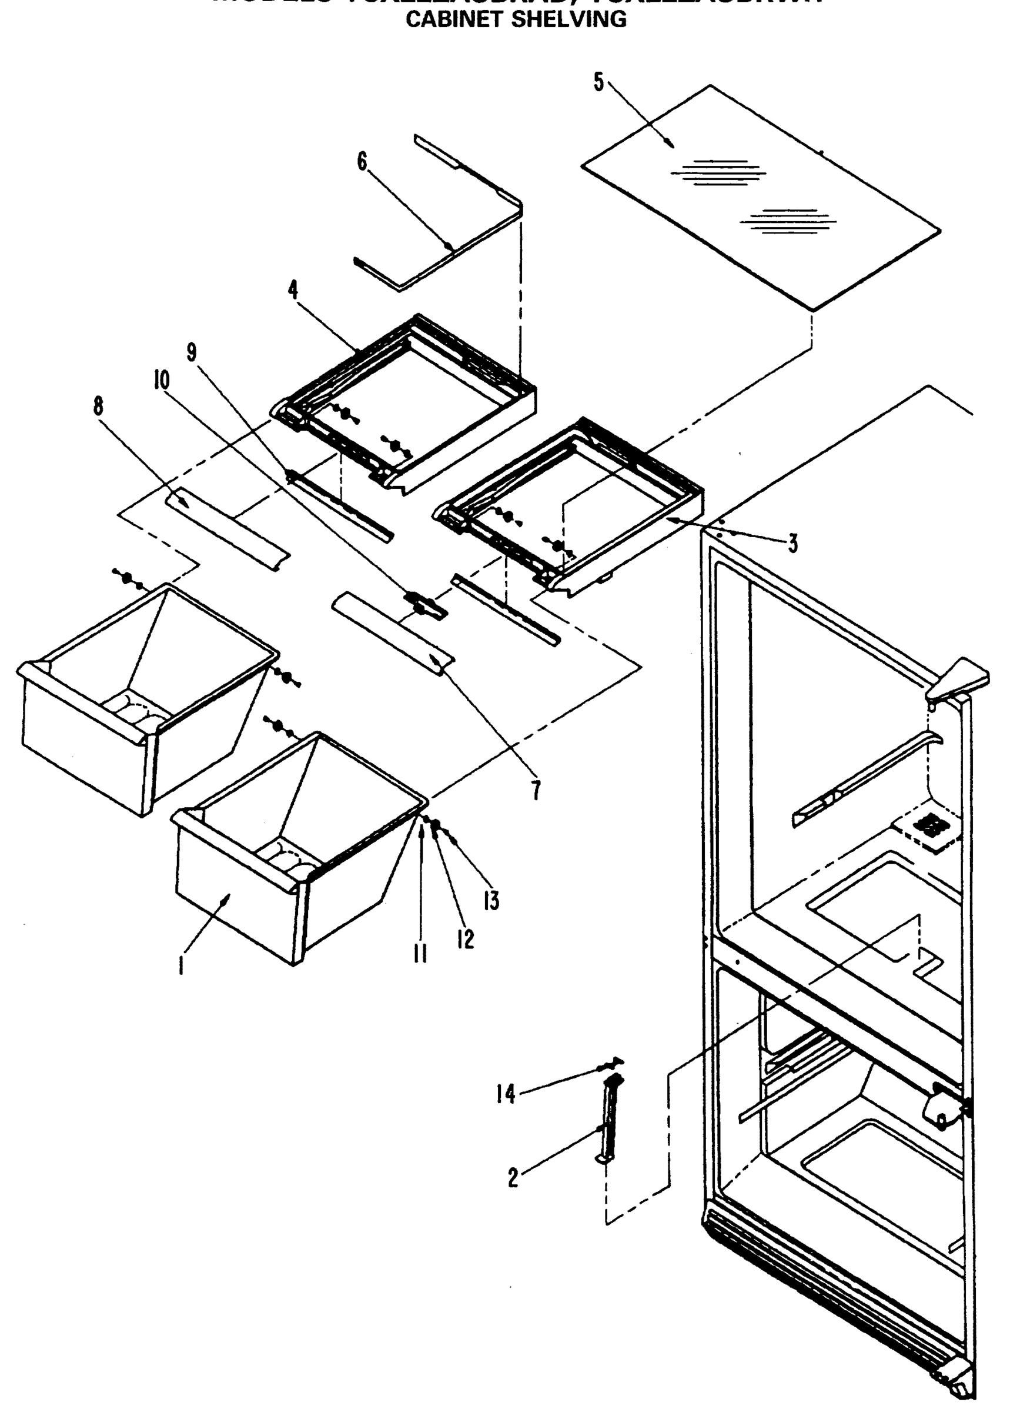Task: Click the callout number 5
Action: [598, 82]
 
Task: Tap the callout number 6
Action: [362, 162]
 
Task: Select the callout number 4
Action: [293, 289]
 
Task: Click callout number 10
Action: [162, 380]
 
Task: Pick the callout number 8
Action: [98, 407]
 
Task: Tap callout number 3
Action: [792, 543]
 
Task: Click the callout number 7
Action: [536, 790]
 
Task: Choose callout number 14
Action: [506, 1093]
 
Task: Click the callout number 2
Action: [513, 1177]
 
